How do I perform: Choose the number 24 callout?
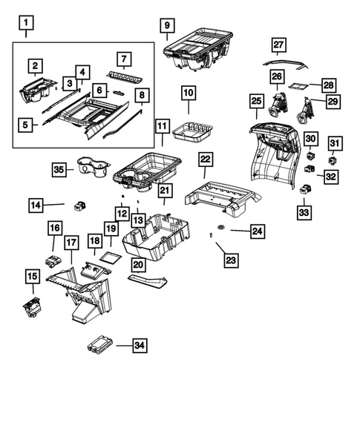tap(256, 231)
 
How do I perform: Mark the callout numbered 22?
tap(206, 160)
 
